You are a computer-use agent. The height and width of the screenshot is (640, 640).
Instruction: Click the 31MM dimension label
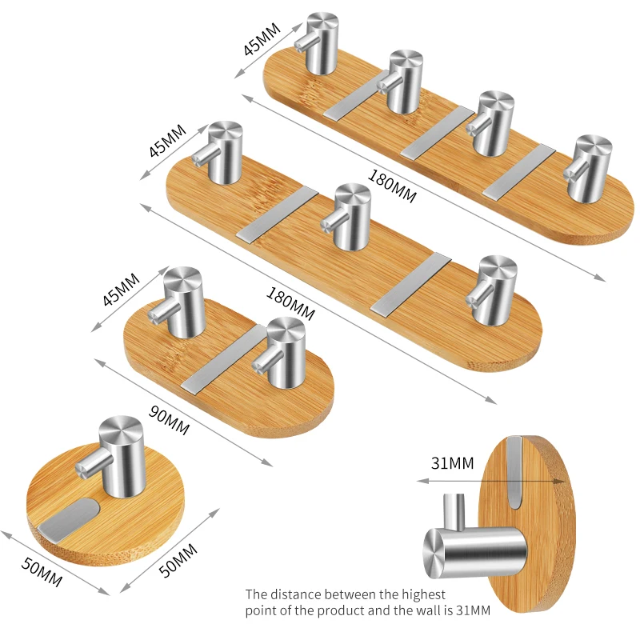(452, 463)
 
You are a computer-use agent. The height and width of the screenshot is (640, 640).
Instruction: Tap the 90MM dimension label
(169, 420)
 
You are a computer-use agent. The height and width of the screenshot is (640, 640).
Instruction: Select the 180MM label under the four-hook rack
(392, 186)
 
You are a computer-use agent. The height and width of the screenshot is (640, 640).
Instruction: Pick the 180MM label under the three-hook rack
(290, 304)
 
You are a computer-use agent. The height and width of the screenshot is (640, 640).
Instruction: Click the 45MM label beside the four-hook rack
(262, 38)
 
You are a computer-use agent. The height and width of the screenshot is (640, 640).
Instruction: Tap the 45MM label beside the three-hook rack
(167, 141)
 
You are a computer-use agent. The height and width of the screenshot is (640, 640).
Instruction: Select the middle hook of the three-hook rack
(347, 216)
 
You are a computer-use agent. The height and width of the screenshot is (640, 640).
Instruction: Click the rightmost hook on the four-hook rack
(589, 168)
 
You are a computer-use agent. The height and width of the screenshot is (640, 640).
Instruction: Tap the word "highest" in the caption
(423, 594)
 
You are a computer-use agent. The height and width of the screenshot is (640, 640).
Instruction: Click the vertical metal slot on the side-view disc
(515, 471)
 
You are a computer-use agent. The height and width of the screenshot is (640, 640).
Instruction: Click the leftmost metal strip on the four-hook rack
(356, 95)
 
